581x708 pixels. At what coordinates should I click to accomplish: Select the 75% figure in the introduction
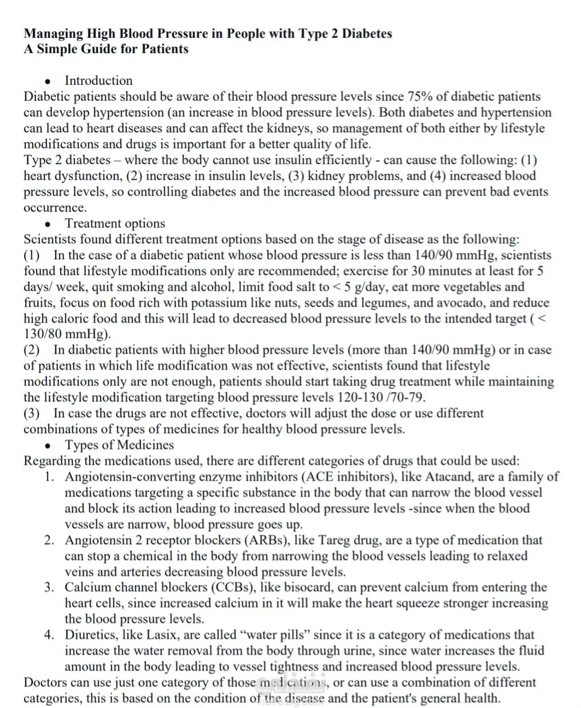tap(420, 97)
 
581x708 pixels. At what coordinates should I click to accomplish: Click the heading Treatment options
tap(115, 224)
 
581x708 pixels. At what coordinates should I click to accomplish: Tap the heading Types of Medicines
tap(119, 445)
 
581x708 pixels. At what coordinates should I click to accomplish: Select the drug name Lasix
tap(161, 635)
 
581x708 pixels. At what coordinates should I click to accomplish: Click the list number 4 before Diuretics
tap(49, 635)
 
